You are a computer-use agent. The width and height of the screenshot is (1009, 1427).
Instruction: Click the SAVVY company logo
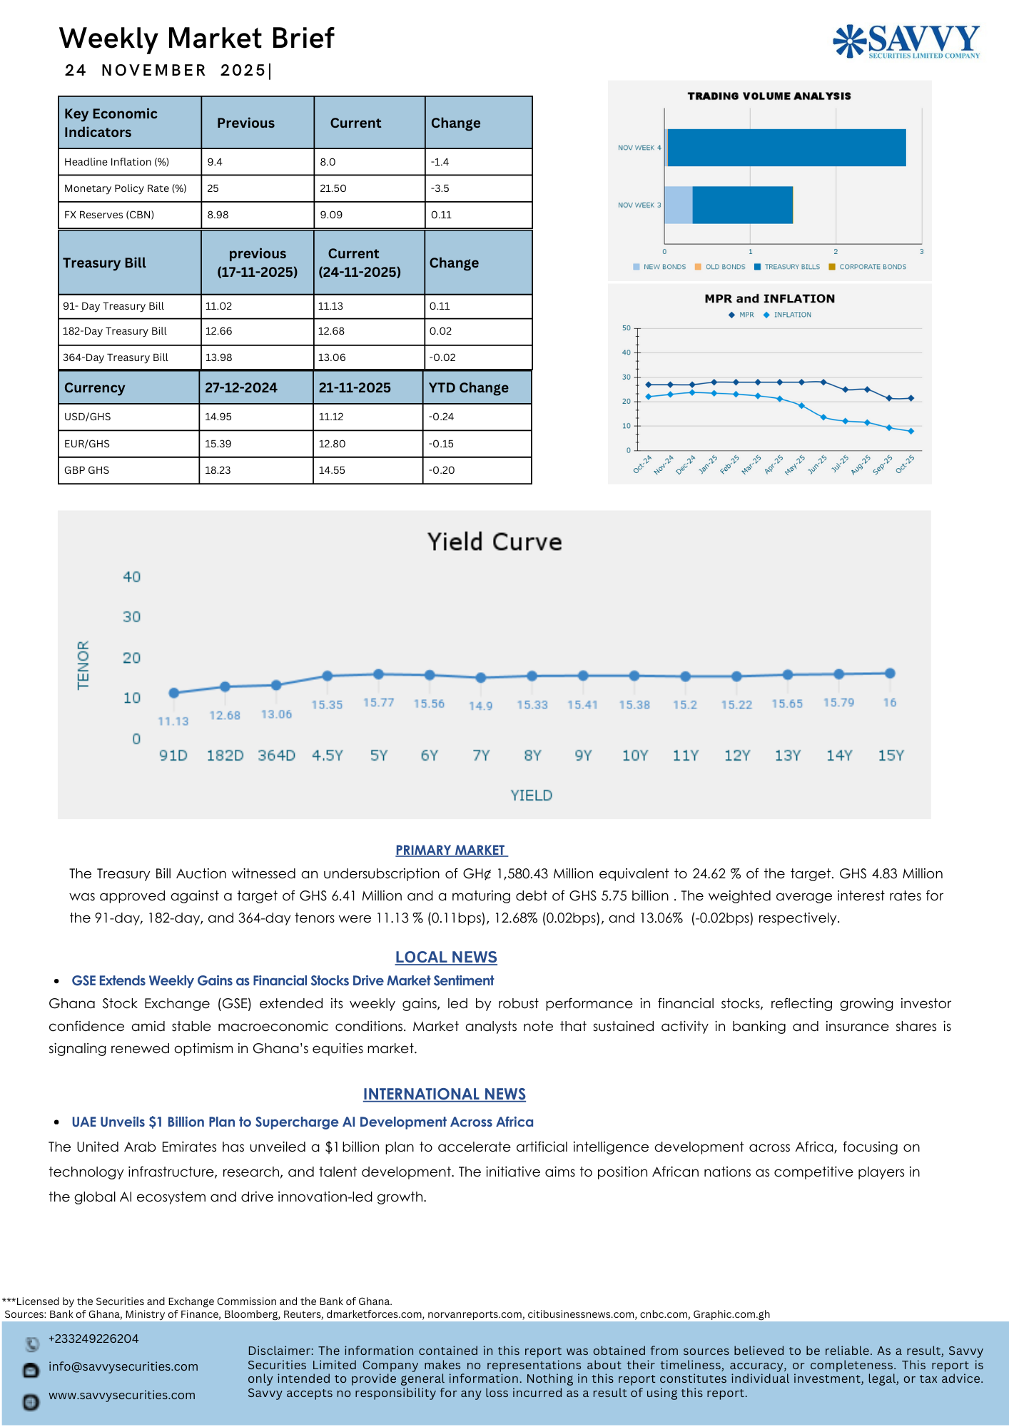click(x=906, y=41)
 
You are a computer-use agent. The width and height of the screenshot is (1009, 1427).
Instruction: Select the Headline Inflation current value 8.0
click(x=328, y=162)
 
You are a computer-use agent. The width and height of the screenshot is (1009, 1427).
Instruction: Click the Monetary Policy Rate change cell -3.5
click(x=440, y=188)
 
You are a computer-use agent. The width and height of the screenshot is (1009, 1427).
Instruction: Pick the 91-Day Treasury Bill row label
click(x=113, y=306)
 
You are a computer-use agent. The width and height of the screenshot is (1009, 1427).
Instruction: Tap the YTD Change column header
click(x=468, y=388)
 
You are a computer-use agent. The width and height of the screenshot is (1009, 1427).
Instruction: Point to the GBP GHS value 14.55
click(x=332, y=470)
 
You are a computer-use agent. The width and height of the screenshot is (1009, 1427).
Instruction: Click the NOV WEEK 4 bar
click(x=786, y=148)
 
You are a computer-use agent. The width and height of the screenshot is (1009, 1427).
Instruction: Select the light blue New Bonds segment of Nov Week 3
click(x=678, y=205)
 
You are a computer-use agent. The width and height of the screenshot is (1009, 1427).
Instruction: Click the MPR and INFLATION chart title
click(x=769, y=299)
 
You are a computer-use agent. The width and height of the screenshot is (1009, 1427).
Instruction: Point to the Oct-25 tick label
click(x=905, y=464)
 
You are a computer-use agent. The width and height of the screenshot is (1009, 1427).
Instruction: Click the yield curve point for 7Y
click(x=481, y=678)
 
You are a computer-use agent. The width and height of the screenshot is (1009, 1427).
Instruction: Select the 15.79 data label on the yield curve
click(x=838, y=703)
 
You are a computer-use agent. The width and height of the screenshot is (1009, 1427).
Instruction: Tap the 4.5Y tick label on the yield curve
click(x=328, y=756)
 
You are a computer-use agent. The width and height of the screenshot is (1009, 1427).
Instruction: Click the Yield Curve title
click(x=495, y=542)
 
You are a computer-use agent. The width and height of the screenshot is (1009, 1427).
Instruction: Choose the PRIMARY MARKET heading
click(x=451, y=850)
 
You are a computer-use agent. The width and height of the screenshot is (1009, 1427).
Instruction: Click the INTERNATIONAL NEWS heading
click(x=444, y=1095)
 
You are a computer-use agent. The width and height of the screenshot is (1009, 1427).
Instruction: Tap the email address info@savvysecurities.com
click(x=123, y=1366)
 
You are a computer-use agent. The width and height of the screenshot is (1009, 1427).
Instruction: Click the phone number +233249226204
click(x=93, y=1339)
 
